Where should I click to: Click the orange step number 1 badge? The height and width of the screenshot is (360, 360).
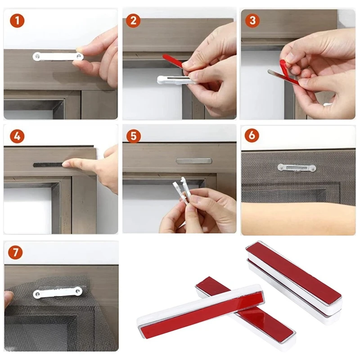point(17,21)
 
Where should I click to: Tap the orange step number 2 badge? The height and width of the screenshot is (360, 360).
point(133,21)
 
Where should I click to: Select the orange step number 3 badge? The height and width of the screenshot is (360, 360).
point(252,20)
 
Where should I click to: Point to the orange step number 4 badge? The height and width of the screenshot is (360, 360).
point(17,136)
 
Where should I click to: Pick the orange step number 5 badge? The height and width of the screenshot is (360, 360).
point(133,136)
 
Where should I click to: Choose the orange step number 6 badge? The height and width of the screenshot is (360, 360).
point(252,135)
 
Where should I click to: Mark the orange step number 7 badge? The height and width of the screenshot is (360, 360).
point(15,252)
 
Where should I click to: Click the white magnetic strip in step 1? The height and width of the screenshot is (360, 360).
point(58,57)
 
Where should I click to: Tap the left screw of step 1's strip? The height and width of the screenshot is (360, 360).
point(37,57)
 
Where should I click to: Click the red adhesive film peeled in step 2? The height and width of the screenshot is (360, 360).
point(173,61)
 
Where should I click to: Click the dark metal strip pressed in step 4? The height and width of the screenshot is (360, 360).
point(48,165)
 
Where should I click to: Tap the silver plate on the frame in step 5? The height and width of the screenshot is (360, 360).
point(194,161)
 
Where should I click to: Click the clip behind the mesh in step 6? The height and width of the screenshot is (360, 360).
point(297,168)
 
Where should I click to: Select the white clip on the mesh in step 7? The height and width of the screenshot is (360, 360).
point(58,292)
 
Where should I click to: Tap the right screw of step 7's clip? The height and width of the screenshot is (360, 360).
point(78,291)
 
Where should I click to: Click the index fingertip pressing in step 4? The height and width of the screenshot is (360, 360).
point(67,164)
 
